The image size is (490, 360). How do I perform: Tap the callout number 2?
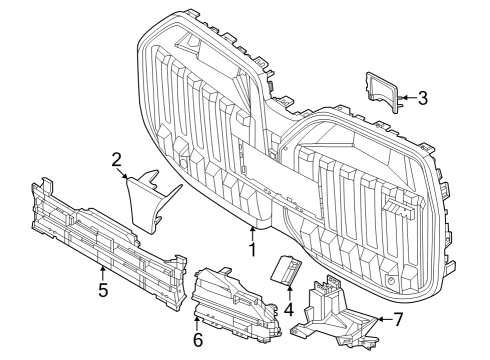[117, 159]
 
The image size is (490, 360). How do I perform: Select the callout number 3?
[423, 98]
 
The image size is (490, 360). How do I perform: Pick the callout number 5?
[102, 291]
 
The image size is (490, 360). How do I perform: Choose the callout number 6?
[197, 341]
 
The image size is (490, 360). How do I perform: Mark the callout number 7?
[398, 319]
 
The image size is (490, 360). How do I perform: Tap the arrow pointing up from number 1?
[252, 228]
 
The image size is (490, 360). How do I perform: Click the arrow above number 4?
[288, 293]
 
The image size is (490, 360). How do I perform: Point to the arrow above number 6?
[197, 323]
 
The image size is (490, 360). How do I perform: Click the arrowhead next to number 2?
[126, 177]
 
